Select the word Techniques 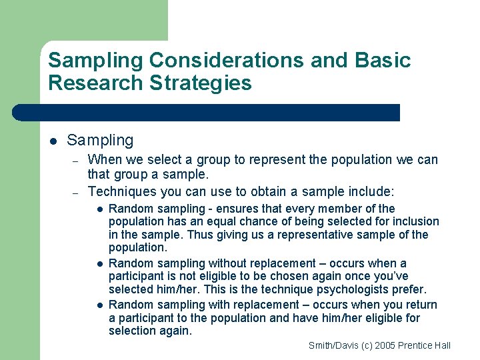coord(121,191)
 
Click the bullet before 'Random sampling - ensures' coord(99,209)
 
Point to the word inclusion coord(414,221)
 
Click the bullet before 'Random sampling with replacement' coord(99,305)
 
